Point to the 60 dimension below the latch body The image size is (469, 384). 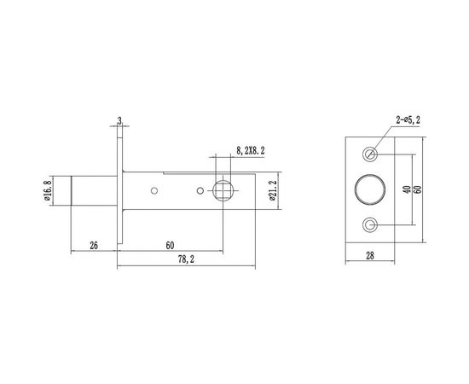(x=171, y=246)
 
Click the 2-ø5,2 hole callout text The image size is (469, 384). (x=412, y=120)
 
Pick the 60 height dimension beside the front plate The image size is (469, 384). (x=418, y=189)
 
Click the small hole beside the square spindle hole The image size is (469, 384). (x=200, y=189)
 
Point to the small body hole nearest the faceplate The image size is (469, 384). (x=155, y=189)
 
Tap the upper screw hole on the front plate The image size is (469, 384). (x=371, y=154)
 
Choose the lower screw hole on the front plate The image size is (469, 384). (x=371, y=224)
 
